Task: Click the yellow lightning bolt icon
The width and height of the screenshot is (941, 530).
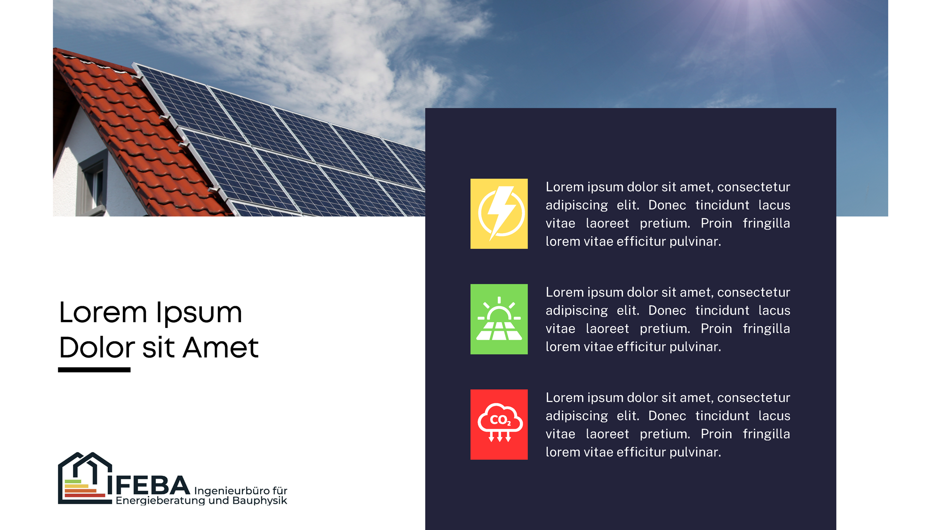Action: coord(499,213)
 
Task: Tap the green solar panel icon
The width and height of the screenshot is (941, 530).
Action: coord(499,319)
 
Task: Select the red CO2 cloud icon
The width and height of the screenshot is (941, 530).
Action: coord(499,424)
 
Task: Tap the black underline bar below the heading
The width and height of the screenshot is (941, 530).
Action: coord(94,370)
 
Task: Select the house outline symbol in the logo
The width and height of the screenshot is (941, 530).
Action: coord(85,478)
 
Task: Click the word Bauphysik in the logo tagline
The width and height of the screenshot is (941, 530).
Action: coord(260,501)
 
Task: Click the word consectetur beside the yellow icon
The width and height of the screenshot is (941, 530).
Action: coord(754,187)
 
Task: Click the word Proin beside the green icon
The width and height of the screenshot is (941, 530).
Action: coord(716,328)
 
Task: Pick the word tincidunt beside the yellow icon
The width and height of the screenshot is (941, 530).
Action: coord(722,205)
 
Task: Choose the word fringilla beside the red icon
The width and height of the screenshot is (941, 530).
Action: coord(766,434)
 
